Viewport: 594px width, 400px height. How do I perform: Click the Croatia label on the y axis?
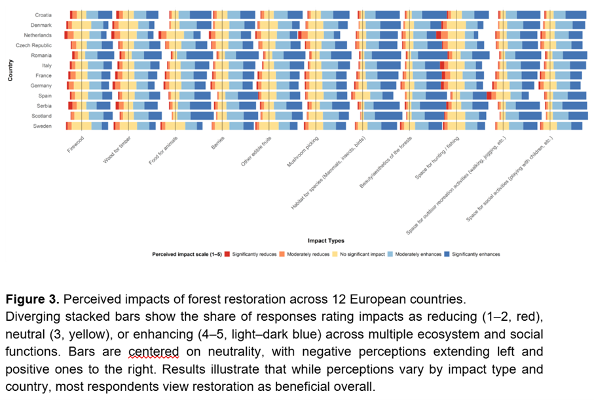coord(44,14)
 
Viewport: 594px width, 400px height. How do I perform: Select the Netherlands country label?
coord(37,35)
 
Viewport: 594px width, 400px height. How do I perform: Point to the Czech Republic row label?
coord(34,45)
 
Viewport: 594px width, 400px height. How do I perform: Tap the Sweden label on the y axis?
coord(43,126)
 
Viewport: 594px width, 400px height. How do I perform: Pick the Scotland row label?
coord(42,116)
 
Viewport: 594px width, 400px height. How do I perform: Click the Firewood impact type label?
coord(76,144)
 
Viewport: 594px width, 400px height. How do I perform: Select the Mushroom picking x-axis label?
coord(303,152)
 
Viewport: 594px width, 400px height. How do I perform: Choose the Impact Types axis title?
coord(326,240)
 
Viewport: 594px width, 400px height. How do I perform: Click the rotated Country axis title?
coord(10,70)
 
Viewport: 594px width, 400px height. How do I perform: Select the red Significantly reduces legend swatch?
coord(227,254)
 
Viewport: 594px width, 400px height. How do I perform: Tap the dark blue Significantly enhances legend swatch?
coord(447,254)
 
